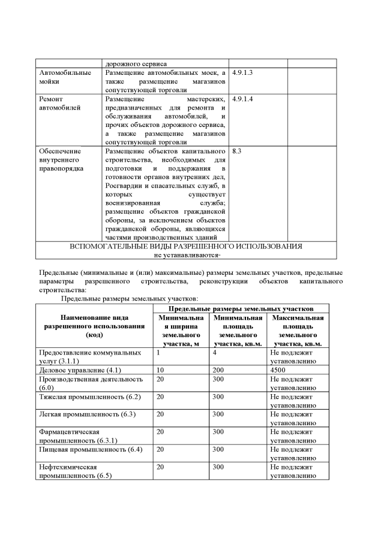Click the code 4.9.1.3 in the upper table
click(242, 72)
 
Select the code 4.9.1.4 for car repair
click(242, 98)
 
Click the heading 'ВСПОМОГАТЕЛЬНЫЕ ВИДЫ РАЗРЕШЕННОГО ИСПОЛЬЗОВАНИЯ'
click(185, 246)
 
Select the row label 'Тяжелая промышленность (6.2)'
click(89, 396)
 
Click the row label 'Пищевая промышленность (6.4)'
click(89, 449)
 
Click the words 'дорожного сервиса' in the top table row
click(136, 63)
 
